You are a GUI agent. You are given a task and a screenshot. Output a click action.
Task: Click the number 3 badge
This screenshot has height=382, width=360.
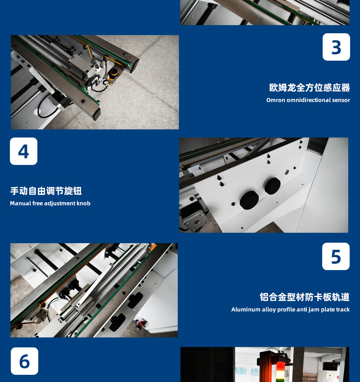click(x=336, y=47)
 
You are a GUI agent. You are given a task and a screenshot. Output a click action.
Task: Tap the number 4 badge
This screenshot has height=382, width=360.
click(x=24, y=151)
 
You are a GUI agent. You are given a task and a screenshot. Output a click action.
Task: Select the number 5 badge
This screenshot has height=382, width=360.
click(x=336, y=256)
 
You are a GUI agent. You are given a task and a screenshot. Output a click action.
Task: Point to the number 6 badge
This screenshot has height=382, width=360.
click(x=24, y=361)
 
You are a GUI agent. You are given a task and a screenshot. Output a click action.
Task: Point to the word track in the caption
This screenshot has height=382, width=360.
click(x=343, y=309)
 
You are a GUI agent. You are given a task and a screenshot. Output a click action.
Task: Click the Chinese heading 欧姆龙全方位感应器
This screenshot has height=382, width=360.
click(x=310, y=88)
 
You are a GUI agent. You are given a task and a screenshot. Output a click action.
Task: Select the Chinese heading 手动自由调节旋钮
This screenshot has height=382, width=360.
click(x=46, y=191)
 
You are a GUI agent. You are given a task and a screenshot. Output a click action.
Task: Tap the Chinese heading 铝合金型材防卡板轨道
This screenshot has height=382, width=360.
click(x=305, y=297)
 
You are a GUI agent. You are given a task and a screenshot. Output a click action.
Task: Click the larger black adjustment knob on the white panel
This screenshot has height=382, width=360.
click(x=249, y=200)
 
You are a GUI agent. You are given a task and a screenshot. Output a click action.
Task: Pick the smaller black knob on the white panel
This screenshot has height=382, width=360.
click(x=272, y=186)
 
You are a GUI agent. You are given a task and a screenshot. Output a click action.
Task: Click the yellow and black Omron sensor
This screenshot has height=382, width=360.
click(x=113, y=74)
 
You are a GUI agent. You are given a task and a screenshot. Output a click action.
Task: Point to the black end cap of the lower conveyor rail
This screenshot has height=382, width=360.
click(x=96, y=114)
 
